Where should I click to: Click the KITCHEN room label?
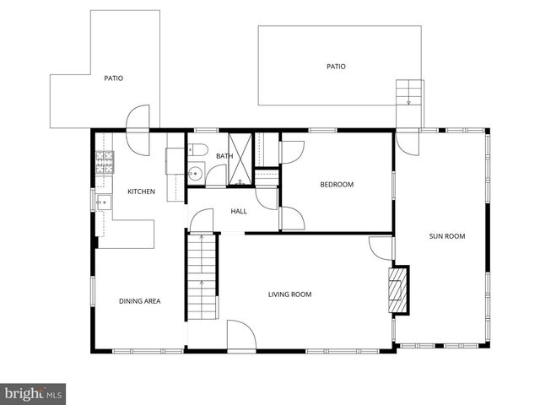[x=141, y=192]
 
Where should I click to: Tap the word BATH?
[x=224, y=156]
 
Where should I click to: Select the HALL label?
[x=239, y=211]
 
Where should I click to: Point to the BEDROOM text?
[x=336, y=185]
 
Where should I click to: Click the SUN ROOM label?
[x=447, y=236]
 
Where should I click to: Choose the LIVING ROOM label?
[x=290, y=294]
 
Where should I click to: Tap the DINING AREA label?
[x=139, y=301]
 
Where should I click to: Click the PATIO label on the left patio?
[x=113, y=78]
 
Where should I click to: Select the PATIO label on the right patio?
[x=336, y=67]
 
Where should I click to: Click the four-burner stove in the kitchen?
[x=105, y=161]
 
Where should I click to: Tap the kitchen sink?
[x=104, y=202]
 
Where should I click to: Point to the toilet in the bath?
[x=198, y=152]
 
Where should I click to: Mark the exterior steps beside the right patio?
[x=408, y=92]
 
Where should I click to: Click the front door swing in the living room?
[x=240, y=336]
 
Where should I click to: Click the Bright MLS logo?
[x=34, y=393]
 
